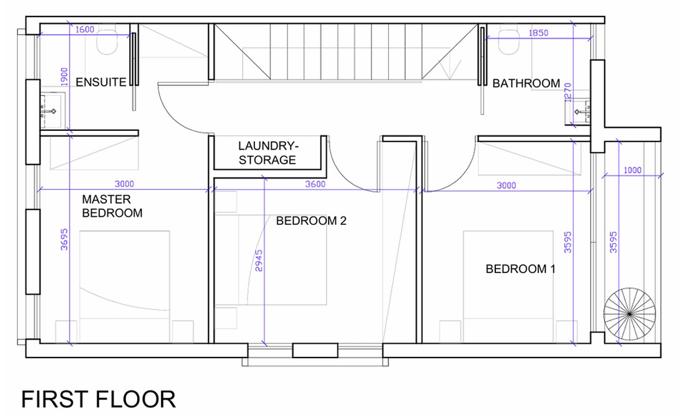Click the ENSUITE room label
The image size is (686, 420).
pos(101,82)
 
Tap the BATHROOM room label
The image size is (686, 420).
pos(526,83)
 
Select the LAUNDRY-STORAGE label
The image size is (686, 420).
pos(268,153)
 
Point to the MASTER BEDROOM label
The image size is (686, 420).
pos(112,206)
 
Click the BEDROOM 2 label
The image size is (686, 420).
pos(311,221)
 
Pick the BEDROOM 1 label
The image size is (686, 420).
pos(521,269)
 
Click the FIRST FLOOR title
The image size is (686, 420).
pos(98,399)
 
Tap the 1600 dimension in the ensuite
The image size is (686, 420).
pos(84,30)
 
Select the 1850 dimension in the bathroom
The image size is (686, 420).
pos(539,33)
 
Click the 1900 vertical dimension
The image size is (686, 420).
pos(64,76)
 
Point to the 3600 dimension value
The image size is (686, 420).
pos(315,184)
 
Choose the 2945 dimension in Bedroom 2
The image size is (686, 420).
pos(259,261)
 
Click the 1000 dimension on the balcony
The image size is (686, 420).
pos(632,170)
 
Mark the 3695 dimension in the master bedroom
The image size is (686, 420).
pos(64,240)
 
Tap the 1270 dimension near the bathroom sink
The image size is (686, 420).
pos(568,92)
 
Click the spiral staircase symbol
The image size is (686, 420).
pos(630,314)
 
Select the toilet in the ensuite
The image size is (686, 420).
pos(107,42)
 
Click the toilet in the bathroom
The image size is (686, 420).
pos(509,42)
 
